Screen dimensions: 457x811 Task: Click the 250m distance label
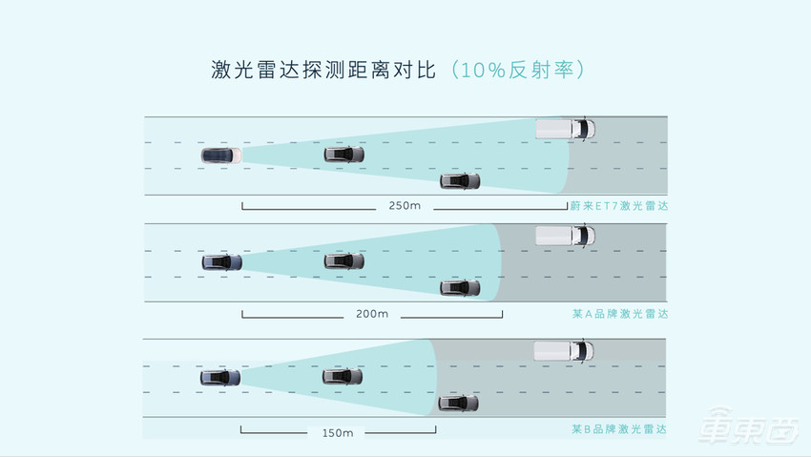click(x=405, y=205)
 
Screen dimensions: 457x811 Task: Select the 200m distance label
click(x=371, y=314)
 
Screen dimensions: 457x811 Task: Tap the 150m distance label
click(x=338, y=432)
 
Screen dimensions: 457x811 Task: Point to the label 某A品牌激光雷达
click(x=622, y=314)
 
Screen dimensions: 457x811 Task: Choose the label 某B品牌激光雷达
click(x=622, y=429)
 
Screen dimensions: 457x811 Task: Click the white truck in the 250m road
click(x=565, y=129)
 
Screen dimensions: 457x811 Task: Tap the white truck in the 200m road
click(x=565, y=235)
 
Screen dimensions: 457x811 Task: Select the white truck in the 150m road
click(x=563, y=350)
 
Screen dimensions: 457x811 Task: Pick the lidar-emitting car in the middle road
click(x=221, y=261)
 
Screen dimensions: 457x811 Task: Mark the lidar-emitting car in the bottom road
click(x=220, y=377)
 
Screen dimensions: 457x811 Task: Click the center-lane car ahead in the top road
click(x=344, y=154)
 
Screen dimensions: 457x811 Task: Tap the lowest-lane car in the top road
click(x=459, y=180)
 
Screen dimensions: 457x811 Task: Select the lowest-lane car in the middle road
click(x=459, y=287)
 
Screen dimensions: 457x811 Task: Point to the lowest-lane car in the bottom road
click(x=458, y=403)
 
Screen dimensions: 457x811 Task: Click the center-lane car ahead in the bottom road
click(x=343, y=377)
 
